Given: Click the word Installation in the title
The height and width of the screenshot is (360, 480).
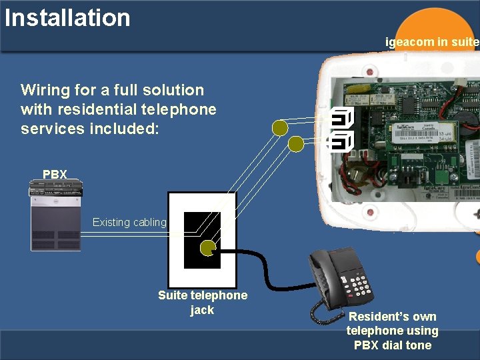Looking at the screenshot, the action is coord(67,17).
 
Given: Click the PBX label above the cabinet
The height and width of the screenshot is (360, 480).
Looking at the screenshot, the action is coord(55,175).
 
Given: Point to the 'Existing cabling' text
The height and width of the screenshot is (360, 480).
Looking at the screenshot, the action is coord(129,223).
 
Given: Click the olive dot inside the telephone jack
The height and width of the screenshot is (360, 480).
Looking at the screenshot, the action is coord(209,248).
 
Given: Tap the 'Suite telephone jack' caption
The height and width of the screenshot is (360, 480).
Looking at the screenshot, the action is coord(202,303).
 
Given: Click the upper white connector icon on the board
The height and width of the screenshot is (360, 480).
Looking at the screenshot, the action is coord(341,119).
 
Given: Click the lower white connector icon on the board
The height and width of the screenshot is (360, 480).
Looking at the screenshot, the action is coord(341,141).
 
